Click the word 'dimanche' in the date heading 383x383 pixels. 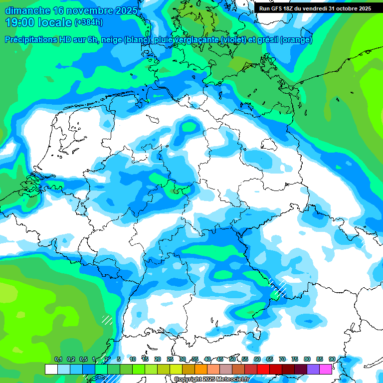click(26, 10)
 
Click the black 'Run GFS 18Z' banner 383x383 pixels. click(315, 8)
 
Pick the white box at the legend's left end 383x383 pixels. click(51, 370)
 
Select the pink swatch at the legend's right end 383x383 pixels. click(326, 370)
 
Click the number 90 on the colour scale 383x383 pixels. click(332, 359)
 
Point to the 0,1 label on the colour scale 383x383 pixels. click(58, 359)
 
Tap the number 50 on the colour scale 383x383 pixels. click(232, 359)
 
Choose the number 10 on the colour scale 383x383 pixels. click(133, 359)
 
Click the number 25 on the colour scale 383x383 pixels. click(170, 359)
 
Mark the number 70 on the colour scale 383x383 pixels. click(282, 359)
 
